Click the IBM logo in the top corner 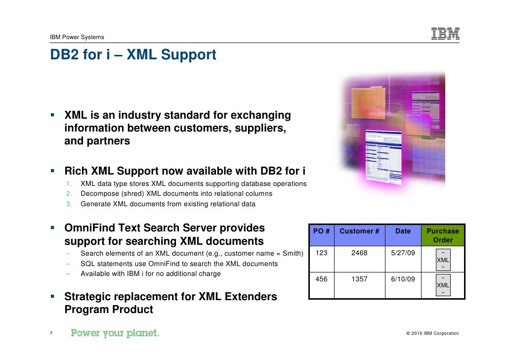[445, 33]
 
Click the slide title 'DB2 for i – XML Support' [133, 55]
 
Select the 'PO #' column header [321, 231]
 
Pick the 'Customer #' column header [359, 231]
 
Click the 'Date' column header [403, 231]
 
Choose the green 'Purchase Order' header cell [443, 235]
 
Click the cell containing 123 [321, 253]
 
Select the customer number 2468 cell [359, 253]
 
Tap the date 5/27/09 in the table [403, 253]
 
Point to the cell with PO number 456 [321, 279]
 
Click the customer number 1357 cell [359, 279]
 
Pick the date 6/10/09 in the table [403, 279]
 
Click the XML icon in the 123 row [443, 260]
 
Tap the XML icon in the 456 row [443, 285]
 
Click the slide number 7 [51, 333]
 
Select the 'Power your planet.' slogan [115, 333]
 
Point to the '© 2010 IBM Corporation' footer [432, 333]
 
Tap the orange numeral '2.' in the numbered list [69, 194]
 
